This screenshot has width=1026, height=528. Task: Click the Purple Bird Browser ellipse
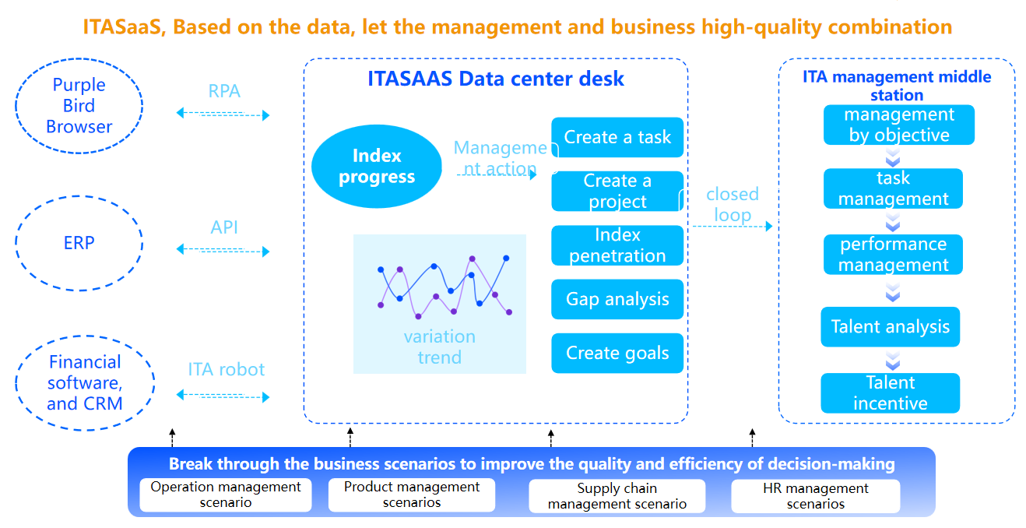79,106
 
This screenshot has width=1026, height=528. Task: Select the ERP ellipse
79,243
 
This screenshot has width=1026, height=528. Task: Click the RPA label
224,91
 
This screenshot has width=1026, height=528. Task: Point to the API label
224,227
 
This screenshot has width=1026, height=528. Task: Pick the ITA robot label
226,369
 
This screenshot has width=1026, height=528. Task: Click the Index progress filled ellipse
377,167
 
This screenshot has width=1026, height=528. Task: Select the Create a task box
617,138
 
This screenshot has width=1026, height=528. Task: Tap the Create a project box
617,192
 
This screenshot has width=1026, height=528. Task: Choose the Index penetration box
617,245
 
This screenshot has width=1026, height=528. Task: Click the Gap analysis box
617,299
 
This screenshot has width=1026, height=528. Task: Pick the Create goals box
617,353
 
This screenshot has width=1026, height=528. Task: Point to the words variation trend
439,347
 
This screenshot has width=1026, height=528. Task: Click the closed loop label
732,204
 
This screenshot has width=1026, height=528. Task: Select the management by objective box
899,125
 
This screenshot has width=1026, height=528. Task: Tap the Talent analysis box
890,327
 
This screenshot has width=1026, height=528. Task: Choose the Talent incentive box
890,393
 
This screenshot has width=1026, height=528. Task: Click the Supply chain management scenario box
617,496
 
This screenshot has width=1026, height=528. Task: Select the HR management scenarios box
815,496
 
